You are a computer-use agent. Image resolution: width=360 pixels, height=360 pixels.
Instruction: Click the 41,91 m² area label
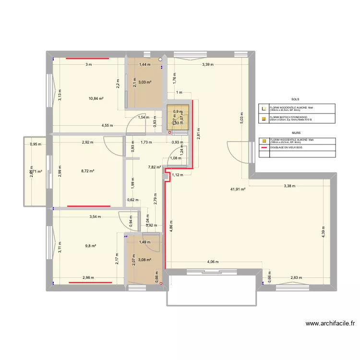238,189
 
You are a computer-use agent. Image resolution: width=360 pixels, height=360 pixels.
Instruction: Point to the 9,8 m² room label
91,246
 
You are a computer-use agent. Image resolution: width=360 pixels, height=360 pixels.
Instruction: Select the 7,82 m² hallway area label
155,168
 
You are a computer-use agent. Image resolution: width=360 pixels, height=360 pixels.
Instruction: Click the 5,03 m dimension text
242,119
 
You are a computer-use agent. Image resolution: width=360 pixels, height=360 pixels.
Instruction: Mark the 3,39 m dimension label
208,64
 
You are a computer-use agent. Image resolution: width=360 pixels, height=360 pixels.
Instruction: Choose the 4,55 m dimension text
107,126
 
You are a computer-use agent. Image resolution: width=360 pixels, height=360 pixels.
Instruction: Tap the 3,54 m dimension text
96,217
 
